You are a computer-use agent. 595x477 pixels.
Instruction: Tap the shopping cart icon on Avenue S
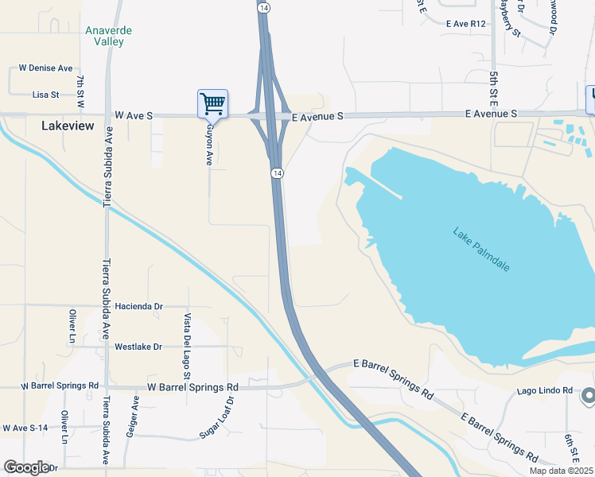click(x=212, y=103)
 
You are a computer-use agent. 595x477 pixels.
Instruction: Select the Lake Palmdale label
click(x=481, y=250)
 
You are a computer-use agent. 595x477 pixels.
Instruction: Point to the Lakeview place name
click(x=67, y=126)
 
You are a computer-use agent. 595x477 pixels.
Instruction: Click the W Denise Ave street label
click(x=45, y=68)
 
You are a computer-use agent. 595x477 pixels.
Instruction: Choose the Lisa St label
click(x=46, y=95)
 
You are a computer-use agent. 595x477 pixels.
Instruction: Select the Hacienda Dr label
click(x=138, y=305)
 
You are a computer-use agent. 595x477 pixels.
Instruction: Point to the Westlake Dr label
click(x=138, y=347)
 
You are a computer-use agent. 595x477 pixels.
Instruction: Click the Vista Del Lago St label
click(x=188, y=335)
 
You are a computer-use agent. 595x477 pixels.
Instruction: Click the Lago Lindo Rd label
click(x=544, y=390)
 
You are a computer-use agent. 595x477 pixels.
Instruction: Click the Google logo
click(x=26, y=467)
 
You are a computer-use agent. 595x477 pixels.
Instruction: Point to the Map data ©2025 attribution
click(x=560, y=471)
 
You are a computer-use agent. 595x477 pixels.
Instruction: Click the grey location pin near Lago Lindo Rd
click(x=588, y=394)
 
